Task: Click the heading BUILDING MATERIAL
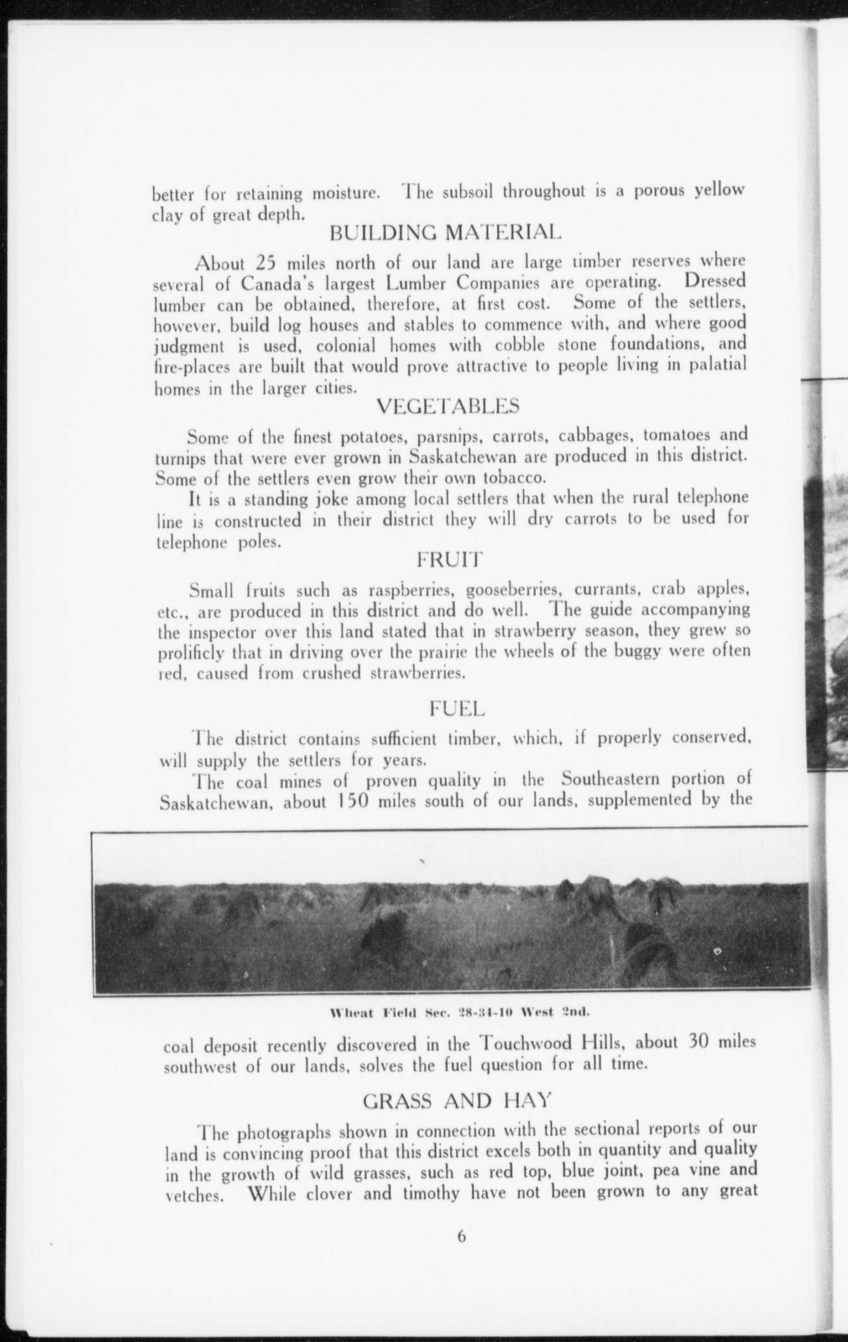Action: tap(444, 232)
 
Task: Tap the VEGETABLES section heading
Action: tap(448, 406)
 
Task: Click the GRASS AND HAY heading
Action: tap(457, 1101)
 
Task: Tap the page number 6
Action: tap(461, 1237)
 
